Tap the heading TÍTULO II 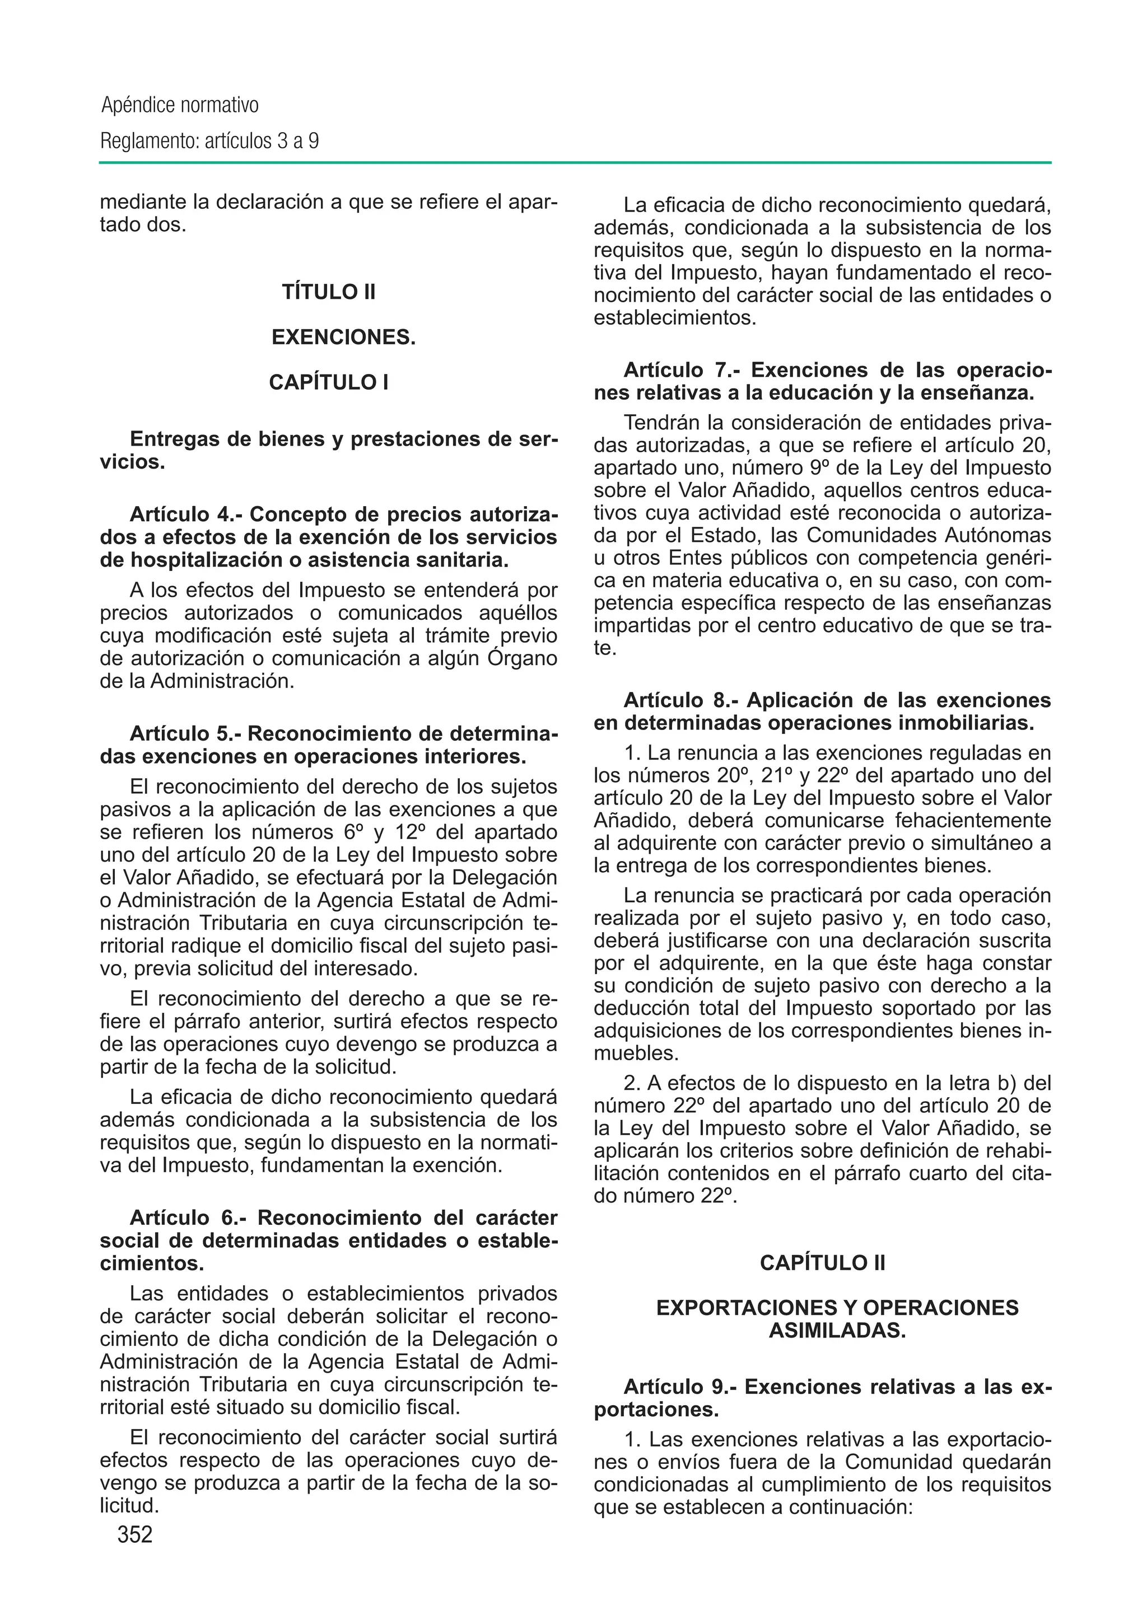pos(328,292)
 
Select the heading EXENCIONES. pos(343,338)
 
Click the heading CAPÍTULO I pos(328,382)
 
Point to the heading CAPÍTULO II pos(822,1262)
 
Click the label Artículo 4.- pos(186,514)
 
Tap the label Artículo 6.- pos(188,1218)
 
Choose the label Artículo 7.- pos(681,370)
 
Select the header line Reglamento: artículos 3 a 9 pos(210,141)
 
